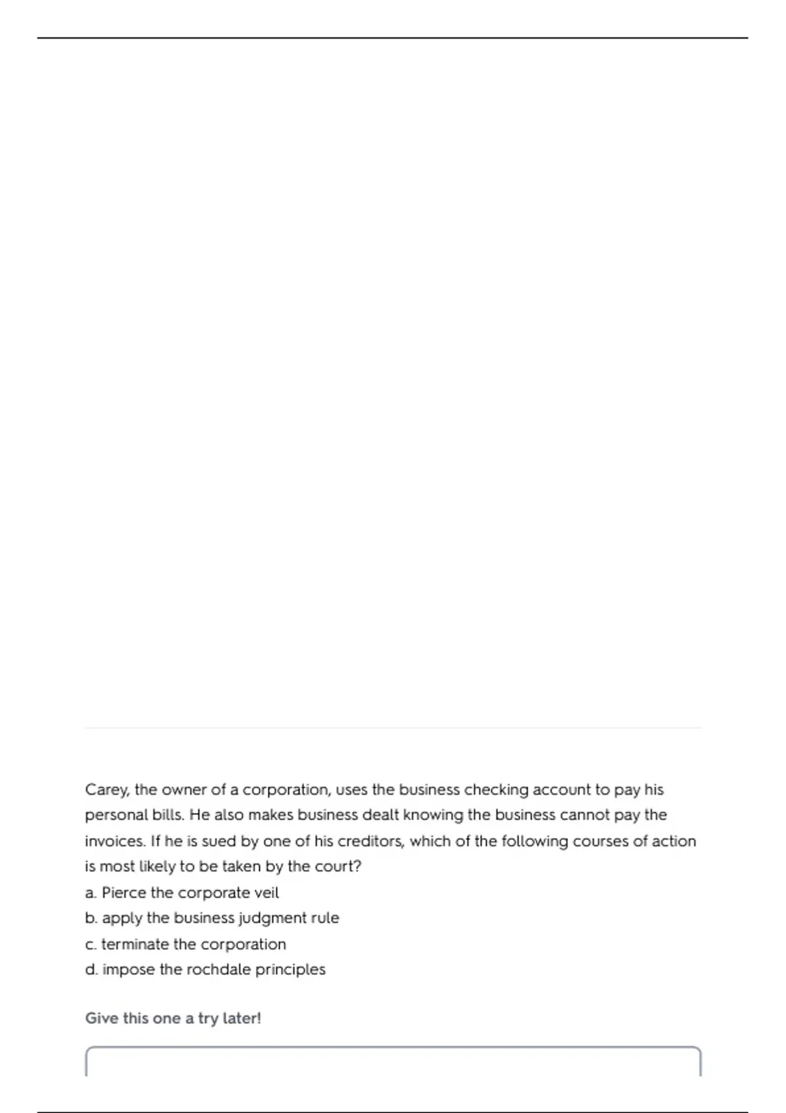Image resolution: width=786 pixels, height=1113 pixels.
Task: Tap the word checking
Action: point(496,790)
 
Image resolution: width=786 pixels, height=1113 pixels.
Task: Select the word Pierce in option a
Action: point(124,893)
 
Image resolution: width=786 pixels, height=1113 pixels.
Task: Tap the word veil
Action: point(267,893)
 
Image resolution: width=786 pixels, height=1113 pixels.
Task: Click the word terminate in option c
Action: point(135,944)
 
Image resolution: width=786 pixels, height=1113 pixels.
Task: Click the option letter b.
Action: point(91,919)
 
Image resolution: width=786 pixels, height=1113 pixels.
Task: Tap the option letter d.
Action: point(91,970)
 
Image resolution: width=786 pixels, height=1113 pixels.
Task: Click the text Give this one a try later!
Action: point(173,1019)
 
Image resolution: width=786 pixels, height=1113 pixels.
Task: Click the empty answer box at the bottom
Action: point(393,1062)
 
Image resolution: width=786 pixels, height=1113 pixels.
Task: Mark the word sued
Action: point(218,841)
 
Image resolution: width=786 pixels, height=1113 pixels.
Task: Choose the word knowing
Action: point(433,816)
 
